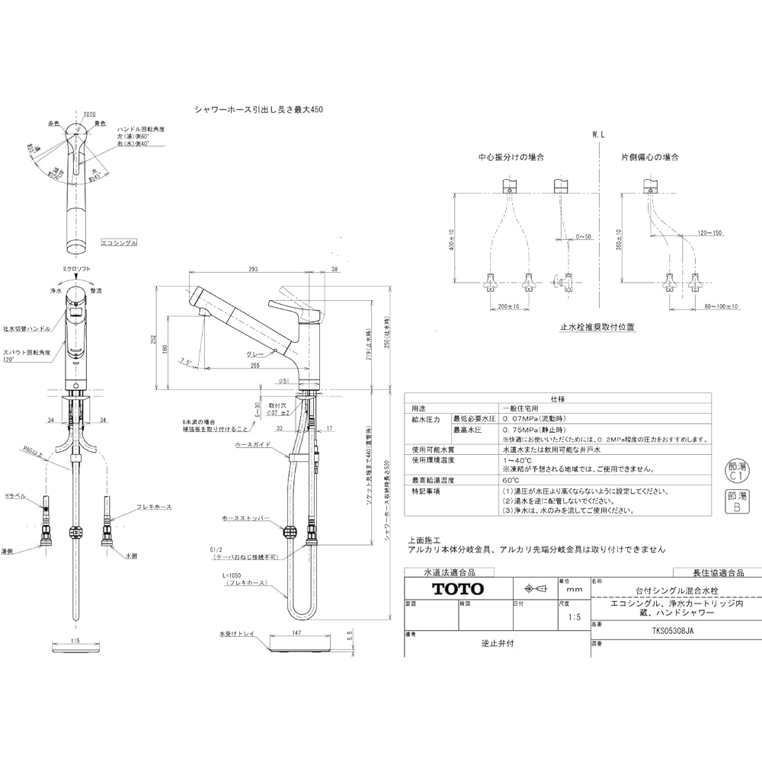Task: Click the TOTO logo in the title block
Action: click(x=458, y=588)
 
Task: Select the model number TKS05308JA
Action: click(x=673, y=630)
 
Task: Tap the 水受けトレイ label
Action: click(x=236, y=633)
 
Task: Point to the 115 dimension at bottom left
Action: click(x=75, y=642)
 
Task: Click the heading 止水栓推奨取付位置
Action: click(x=597, y=326)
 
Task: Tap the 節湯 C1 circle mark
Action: click(x=733, y=468)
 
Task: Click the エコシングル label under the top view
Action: click(x=120, y=242)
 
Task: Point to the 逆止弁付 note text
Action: click(x=498, y=643)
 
